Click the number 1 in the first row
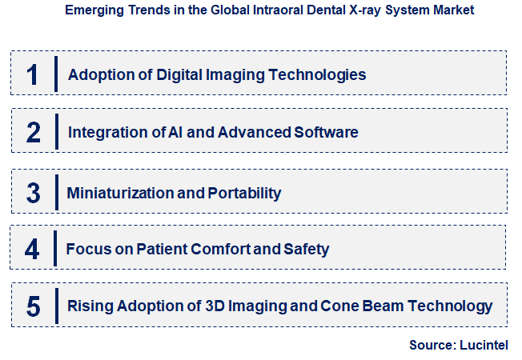click(32, 74)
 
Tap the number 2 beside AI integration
click(33, 132)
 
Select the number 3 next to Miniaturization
click(33, 193)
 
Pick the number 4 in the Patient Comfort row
click(32, 249)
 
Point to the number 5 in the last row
click(33, 306)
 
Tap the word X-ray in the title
click(363, 10)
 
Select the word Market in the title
click(452, 10)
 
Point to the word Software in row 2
click(328, 132)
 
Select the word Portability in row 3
click(246, 193)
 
